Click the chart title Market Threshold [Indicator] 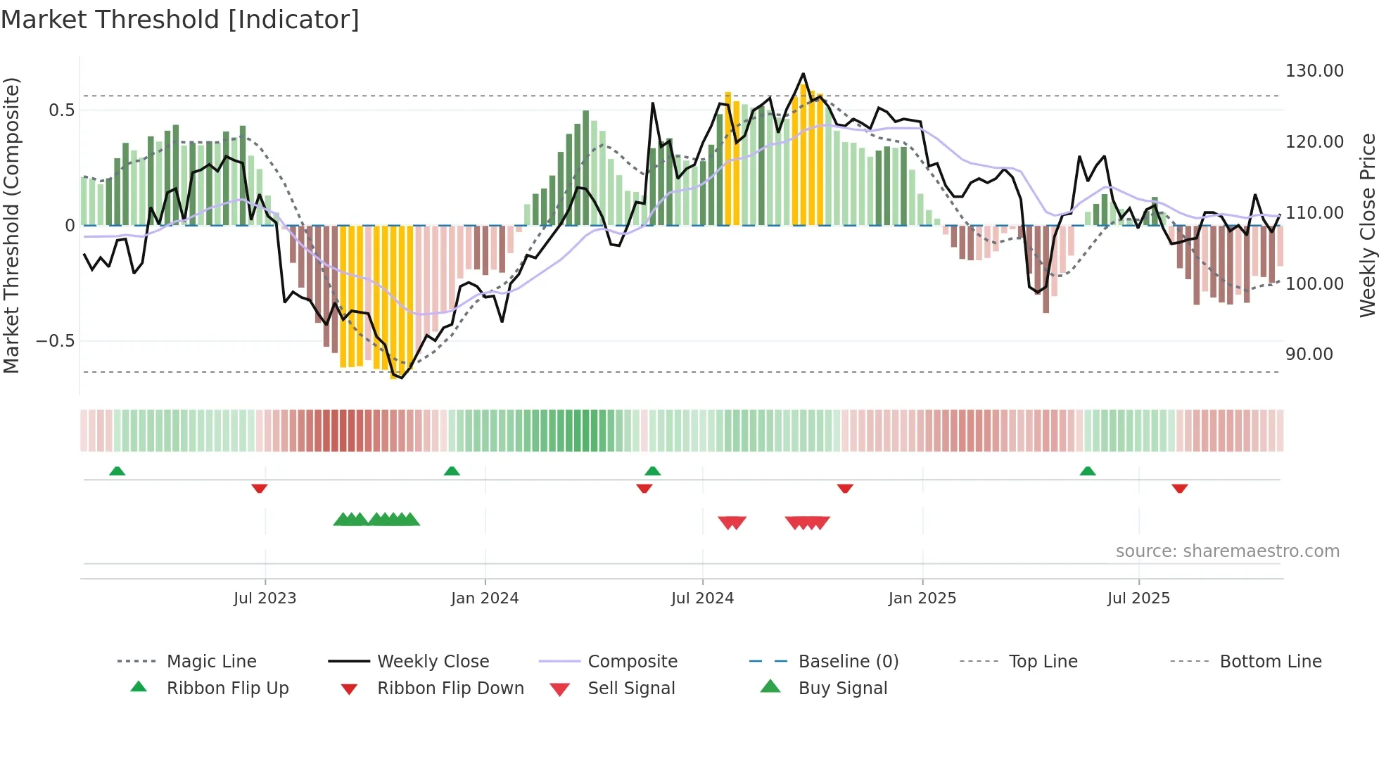(x=180, y=20)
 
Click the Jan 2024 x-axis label (x=485, y=598)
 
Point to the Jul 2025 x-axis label (x=1138, y=598)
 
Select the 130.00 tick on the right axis (x=1314, y=71)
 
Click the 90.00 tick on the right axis (x=1309, y=354)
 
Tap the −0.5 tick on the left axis (x=55, y=341)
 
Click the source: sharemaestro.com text (x=1227, y=551)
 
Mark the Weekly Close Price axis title (x=1367, y=225)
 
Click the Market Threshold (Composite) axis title (x=11, y=225)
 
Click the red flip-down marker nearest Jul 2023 (x=259, y=488)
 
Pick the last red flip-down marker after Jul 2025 (x=1180, y=488)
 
